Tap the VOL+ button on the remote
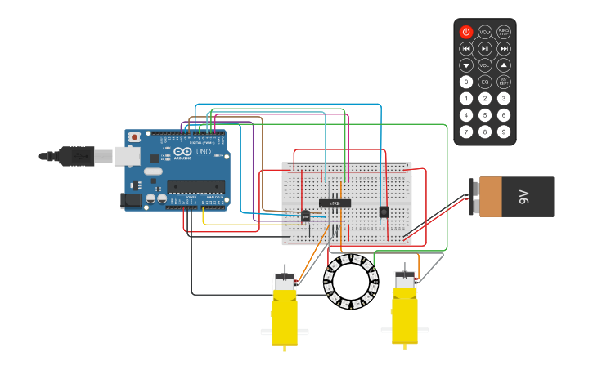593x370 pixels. coord(485,32)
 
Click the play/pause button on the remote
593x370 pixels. coord(485,48)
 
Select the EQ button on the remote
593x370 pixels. coord(485,82)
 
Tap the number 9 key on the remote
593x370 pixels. coord(504,132)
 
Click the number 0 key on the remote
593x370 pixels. coord(466,82)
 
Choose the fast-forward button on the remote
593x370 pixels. coord(504,48)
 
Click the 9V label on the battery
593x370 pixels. coord(523,197)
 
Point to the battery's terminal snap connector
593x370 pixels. coord(473,197)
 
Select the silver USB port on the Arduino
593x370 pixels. coord(126,155)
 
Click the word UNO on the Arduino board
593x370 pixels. coord(203,152)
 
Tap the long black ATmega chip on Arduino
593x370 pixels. coord(195,187)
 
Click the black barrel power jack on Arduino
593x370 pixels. coord(130,199)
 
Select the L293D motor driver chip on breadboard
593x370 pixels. coord(335,203)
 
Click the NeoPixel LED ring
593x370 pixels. coord(351,282)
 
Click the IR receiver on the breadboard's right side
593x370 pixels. coord(383,212)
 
